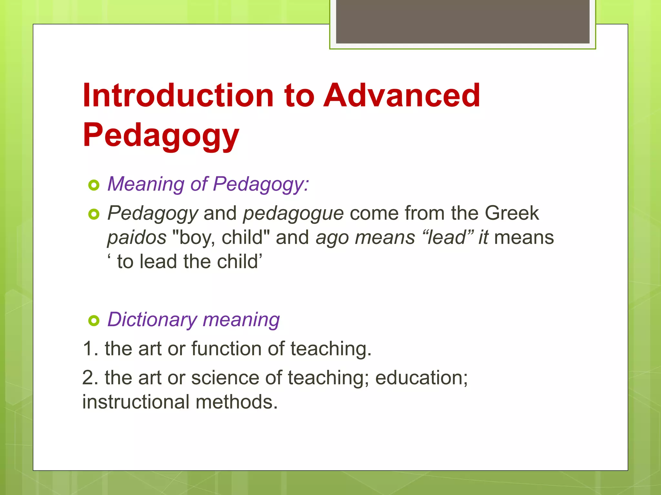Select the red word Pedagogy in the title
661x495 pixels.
pos(161,135)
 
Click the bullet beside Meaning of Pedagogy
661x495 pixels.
pos(94,185)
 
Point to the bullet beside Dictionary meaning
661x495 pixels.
pos(94,321)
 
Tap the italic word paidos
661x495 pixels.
pos(137,238)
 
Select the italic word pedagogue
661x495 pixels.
pos(293,214)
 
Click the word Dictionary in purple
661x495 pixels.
pos(152,320)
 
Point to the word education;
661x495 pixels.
pos(421,378)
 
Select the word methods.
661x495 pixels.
pos(236,402)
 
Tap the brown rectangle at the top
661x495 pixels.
pos(463,22)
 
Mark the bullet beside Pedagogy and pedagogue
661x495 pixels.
pos(94,214)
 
